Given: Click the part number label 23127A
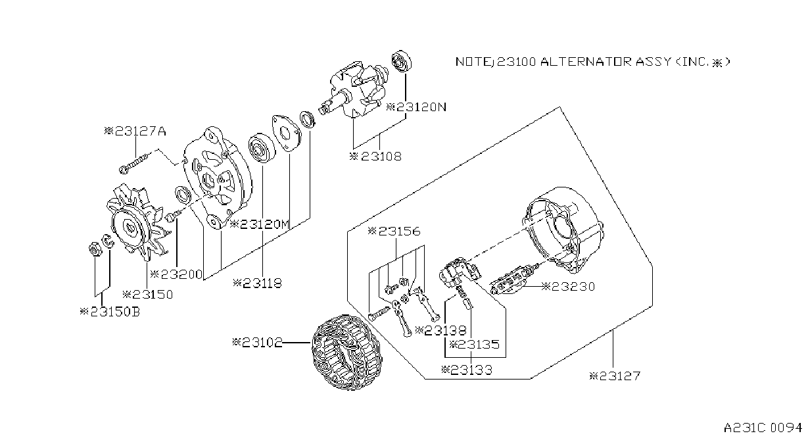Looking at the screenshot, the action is click(135, 131).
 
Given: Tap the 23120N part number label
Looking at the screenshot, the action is click(416, 107).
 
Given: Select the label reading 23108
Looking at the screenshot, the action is click(375, 157).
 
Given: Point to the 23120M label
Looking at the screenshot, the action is click(260, 224).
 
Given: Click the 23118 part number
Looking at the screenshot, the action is click(257, 283).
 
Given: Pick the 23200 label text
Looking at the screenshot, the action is click(176, 274).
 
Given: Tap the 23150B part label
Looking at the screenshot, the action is click(110, 311).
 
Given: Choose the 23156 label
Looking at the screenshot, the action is click(394, 231).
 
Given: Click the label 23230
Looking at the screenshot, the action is click(568, 287).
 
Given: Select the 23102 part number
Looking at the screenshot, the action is click(258, 342).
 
